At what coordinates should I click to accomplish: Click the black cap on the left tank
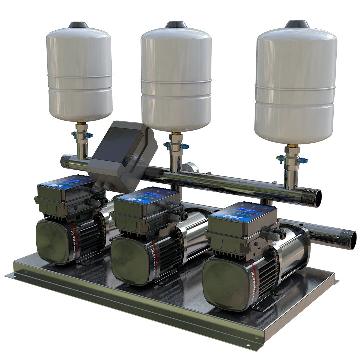[x=78, y=25]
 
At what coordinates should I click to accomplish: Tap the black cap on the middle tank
[x=176, y=24]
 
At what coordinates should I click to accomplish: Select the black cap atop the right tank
[x=297, y=24]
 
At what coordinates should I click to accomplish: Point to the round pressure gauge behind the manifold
[x=189, y=167]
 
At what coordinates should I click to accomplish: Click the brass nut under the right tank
[x=292, y=146]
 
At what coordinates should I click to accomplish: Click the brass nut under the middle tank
[x=176, y=134]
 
